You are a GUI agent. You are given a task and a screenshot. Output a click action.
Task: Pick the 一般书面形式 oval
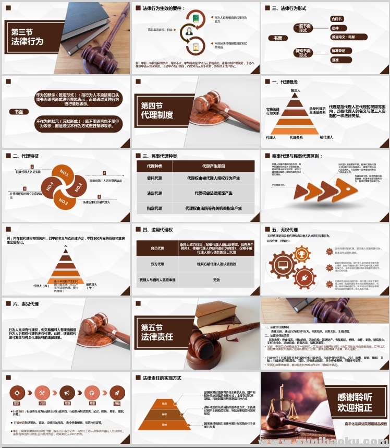tap(302, 28)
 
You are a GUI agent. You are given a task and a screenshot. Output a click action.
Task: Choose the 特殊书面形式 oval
tap(302, 53)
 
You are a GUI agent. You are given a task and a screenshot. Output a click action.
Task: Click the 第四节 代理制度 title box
tap(157, 110)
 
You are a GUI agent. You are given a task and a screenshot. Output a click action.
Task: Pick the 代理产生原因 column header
tap(214, 166)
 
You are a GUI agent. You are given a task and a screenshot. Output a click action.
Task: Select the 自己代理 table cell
tap(157, 248)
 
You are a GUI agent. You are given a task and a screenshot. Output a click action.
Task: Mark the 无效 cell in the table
tap(216, 280)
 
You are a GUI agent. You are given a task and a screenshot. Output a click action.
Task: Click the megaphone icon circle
tap(66, 393)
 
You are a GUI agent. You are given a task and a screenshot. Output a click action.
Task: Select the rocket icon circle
tap(117, 393)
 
